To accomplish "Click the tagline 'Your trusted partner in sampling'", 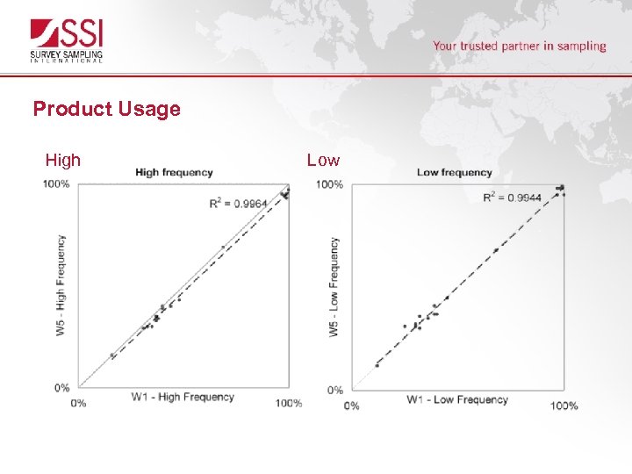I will click(x=519, y=46).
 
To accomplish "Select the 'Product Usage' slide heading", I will click(x=106, y=109).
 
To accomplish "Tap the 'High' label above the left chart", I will click(x=63, y=160).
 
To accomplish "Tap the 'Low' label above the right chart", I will click(x=323, y=160).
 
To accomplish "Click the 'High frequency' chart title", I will click(x=174, y=172).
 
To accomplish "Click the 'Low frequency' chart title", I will click(x=454, y=172).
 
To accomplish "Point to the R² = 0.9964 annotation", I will click(x=238, y=204).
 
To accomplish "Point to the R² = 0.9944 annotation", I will click(x=512, y=197).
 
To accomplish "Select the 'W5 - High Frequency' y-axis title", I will click(x=61, y=284).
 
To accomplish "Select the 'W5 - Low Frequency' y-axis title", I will click(x=334, y=286).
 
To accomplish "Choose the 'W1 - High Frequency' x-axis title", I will click(x=183, y=397).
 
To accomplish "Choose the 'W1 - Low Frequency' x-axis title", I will click(x=456, y=399).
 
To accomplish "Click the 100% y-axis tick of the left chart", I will click(x=56, y=184).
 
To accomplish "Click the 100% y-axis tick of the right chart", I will click(x=329, y=184).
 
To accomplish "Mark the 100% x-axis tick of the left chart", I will click(x=289, y=403).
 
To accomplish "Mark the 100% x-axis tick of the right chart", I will click(x=564, y=406).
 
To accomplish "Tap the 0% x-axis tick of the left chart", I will click(x=78, y=403).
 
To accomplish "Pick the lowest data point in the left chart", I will click(x=112, y=355).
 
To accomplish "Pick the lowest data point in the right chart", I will click(x=377, y=365).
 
